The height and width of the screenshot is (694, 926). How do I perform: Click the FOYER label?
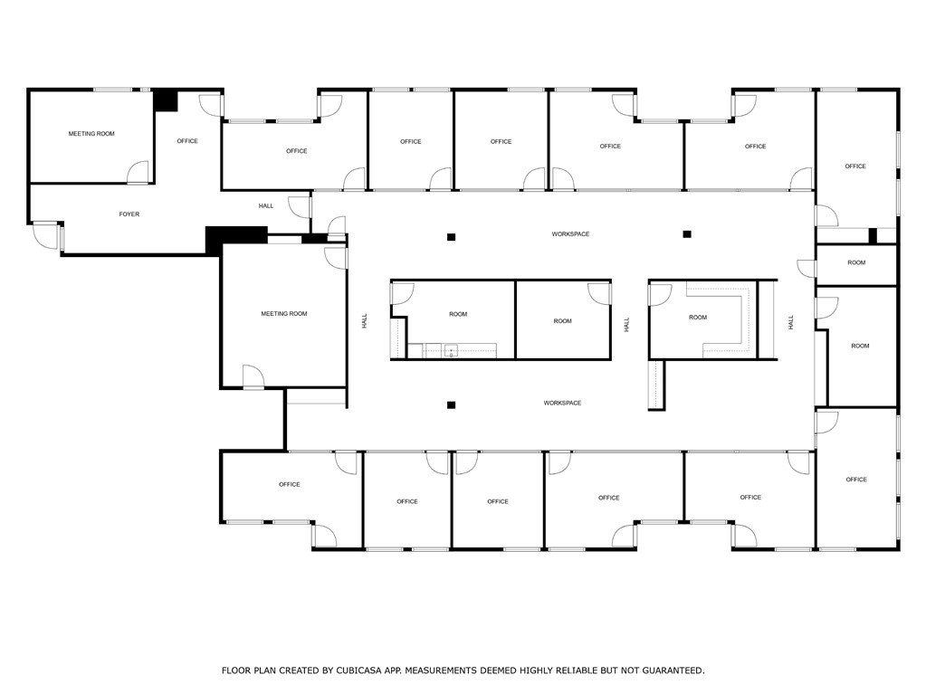[x=129, y=214]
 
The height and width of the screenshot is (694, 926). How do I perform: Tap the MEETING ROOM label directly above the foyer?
[x=91, y=134]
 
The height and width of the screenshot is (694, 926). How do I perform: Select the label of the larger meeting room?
[x=284, y=314]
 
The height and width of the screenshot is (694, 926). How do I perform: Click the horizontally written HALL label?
[x=266, y=206]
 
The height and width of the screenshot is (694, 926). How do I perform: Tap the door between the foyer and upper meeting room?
[x=138, y=173]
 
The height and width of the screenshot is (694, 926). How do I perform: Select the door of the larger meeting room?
[x=253, y=377]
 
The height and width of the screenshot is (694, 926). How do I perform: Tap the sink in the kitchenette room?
[x=450, y=351]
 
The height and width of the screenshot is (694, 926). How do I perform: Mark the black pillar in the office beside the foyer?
[x=165, y=100]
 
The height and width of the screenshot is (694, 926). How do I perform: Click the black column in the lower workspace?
[x=451, y=404]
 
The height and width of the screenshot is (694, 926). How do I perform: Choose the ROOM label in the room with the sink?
[x=458, y=314]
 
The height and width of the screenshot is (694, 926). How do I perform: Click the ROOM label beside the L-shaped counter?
[x=697, y=318]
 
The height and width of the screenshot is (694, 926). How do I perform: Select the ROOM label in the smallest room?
[x=856, y=263]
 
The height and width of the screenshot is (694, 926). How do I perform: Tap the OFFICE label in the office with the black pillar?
[x=187, y=141]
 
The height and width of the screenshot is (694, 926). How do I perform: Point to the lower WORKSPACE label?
[x=562, y=403]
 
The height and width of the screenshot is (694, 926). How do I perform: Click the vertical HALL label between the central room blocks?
[x=625, y=324]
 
